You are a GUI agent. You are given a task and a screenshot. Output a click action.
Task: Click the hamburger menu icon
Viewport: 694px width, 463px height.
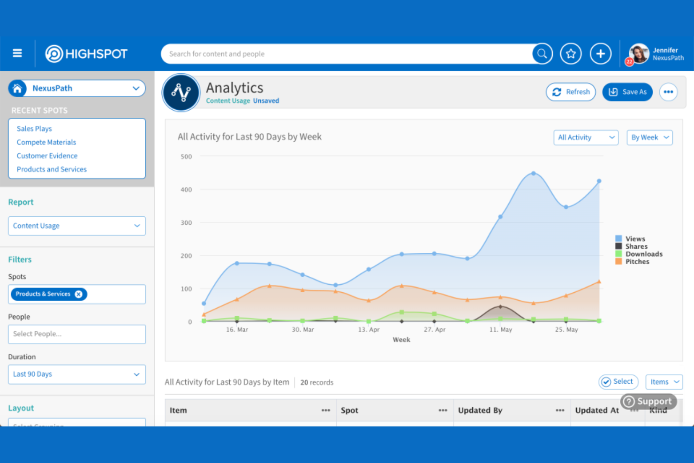pyautogui.click(x=17, y=53)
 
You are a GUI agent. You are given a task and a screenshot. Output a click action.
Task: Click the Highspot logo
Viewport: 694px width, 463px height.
pyautogui.click(x=86, y=54)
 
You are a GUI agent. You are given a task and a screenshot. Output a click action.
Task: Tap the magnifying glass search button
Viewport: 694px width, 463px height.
pyautogui.click(x=542, y=54)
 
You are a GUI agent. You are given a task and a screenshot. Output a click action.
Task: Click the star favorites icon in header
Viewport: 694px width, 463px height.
pyautogui.click(x=571, y=54)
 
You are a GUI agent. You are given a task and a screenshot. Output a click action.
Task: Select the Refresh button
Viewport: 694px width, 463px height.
pyautogui.click(x=571, y=92)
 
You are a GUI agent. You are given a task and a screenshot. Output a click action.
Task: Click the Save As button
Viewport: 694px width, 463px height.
pyautogui.click(x=627, y=92)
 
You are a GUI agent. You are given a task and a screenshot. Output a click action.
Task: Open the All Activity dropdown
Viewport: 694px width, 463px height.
pyautogui.click(x=586, y=137)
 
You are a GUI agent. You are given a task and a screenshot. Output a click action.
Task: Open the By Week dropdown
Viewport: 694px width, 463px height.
pyautogui.click(x=649, y=137)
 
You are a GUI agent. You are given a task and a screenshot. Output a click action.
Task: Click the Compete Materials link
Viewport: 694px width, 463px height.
pyautogui.click(x=46, y=142)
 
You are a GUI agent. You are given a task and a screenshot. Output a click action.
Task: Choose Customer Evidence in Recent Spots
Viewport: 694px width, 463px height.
pyautogui.click(x=47, y=156)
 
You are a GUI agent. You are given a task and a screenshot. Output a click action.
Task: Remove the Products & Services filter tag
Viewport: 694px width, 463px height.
pyautogui.click(x=79, y=294)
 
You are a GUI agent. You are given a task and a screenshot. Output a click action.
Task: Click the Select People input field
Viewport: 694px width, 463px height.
pyautogui.click(x=77, y=334)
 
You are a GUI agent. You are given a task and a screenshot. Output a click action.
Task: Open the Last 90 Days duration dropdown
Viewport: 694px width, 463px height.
pyautogui.click(x=77, y=374)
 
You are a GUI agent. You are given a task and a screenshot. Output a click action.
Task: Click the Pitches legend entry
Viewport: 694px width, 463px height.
pyautogui.click(x=637, y=262)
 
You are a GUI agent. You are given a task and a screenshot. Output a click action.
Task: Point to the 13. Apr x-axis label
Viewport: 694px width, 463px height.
pyautogui.click(x=369, y=330)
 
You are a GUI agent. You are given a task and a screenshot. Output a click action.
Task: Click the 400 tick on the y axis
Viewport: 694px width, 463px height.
pyautogui.click(x=186, y=190)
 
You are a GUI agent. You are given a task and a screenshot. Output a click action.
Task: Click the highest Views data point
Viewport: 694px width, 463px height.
pyautogui.click(x=533, y=174)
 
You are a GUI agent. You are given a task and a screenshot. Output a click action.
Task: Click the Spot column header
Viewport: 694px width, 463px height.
pyautogui.click(x=350, y=410)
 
